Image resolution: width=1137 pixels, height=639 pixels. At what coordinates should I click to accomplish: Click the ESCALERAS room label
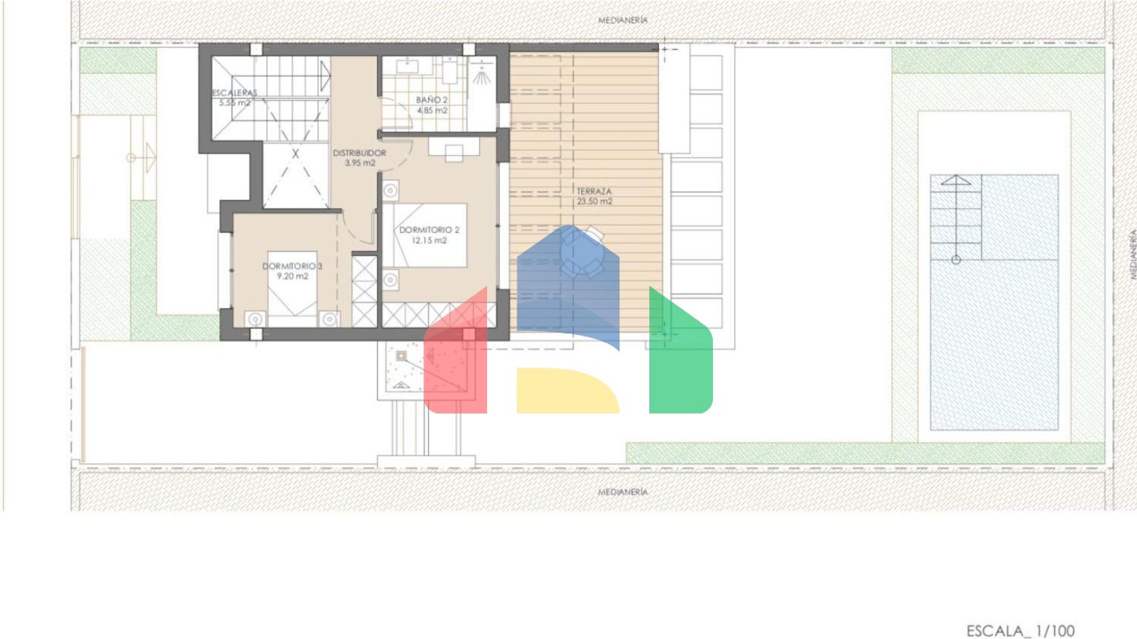(x=235, y=92)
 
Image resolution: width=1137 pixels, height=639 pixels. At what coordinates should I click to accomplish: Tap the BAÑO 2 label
(x=432, y=100)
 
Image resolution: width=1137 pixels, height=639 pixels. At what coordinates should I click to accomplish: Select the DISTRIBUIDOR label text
(x=359, y=152)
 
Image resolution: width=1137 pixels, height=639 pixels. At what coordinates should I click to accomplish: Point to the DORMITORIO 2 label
(x=429, y=230)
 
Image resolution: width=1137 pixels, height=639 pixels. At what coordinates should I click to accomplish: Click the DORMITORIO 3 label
(x=292, y=266)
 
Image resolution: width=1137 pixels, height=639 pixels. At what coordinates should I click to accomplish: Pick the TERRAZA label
(x=594, y=192)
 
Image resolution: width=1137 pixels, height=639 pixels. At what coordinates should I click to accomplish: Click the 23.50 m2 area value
(x=594, y=201)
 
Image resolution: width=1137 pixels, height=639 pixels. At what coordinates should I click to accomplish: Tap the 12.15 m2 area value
(x=429, y=240)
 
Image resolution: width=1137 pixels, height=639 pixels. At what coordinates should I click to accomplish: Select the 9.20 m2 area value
(x=292, y=277)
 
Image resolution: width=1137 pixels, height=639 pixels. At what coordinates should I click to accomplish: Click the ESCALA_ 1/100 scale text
(x=1020, y=631)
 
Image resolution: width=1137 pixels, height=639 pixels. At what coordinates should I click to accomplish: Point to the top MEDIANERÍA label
(x=623, y=20)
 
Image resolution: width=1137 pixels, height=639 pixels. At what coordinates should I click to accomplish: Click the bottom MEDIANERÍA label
(x=623, y=492)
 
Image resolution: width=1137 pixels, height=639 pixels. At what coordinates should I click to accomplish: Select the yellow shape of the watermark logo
(x=568, y=390)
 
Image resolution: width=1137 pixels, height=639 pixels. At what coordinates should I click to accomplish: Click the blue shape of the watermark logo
(x=568, y=284)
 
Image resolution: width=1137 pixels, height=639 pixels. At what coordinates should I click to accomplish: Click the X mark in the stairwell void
(x=295, y=153)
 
